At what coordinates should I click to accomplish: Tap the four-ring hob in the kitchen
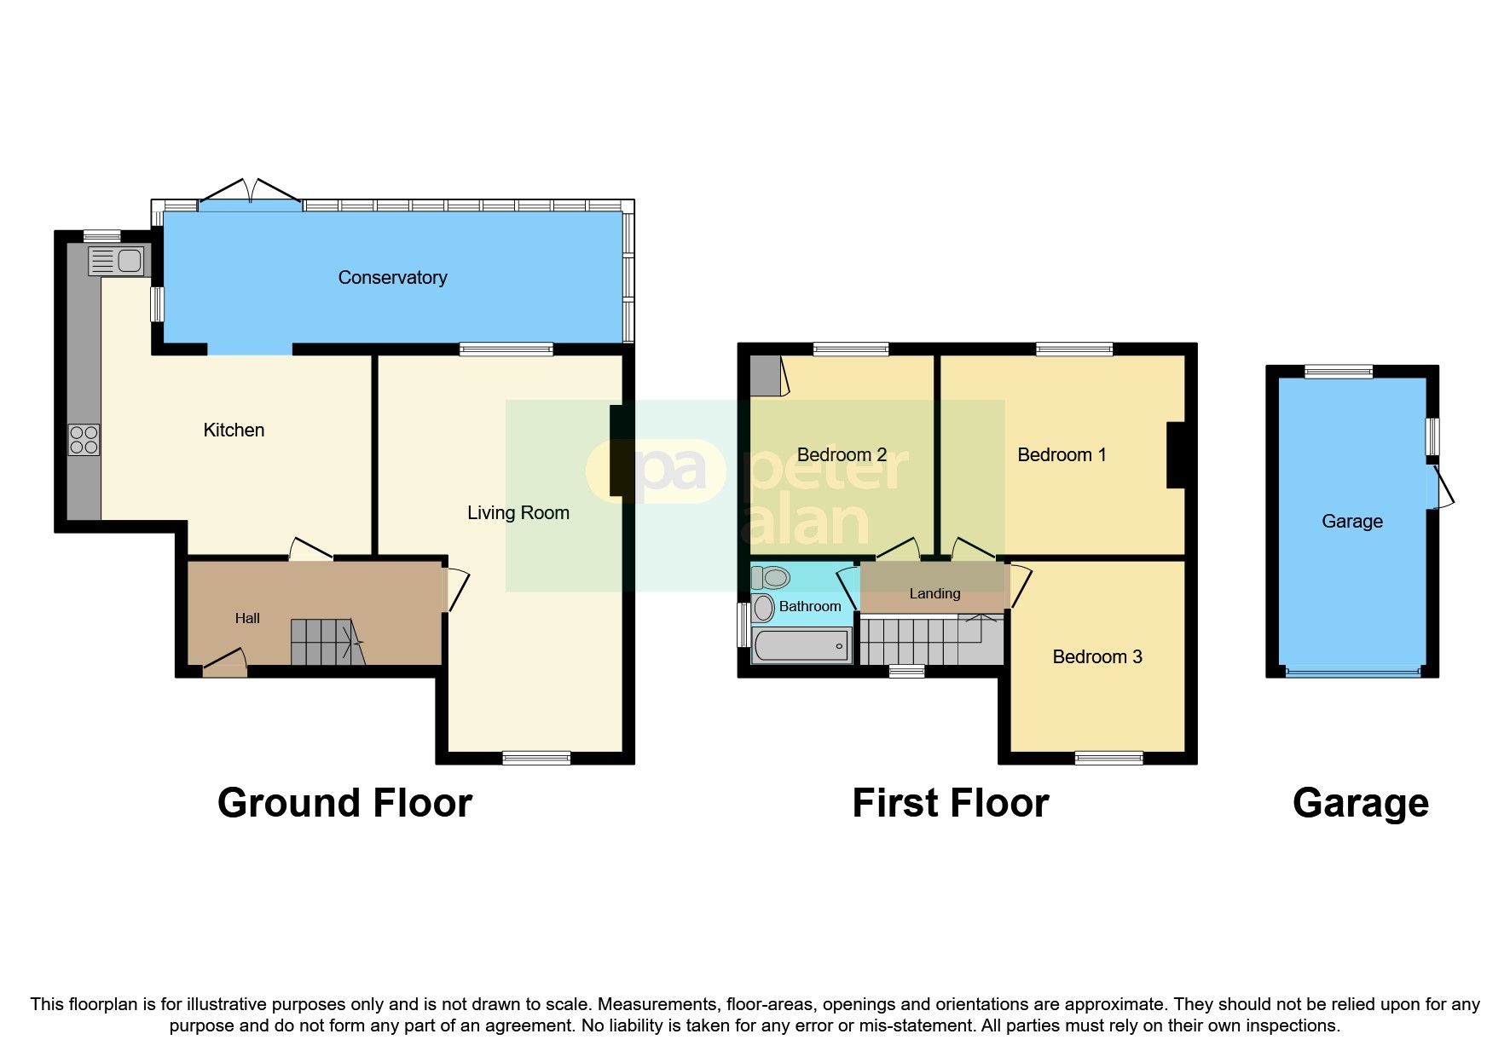(84, 440)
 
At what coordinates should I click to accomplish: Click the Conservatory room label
(392, 277)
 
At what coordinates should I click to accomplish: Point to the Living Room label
(518, 512)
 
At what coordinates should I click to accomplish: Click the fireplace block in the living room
(618, 450)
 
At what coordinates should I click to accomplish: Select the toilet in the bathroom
(771, 577)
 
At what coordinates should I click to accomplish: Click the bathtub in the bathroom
(801, 645)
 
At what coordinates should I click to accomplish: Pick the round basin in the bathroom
(764, 607)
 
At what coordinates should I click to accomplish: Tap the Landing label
(934, 593)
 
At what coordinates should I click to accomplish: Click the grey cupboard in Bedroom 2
(766, 376)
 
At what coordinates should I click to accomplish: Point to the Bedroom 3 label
(1096, 656)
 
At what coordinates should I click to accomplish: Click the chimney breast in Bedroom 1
(1176, 455)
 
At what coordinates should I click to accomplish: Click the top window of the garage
(1338, 372)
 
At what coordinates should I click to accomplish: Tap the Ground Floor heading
(344, 803)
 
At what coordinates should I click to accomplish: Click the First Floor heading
(950, 803)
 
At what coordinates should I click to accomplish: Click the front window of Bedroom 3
(1108, 758)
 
